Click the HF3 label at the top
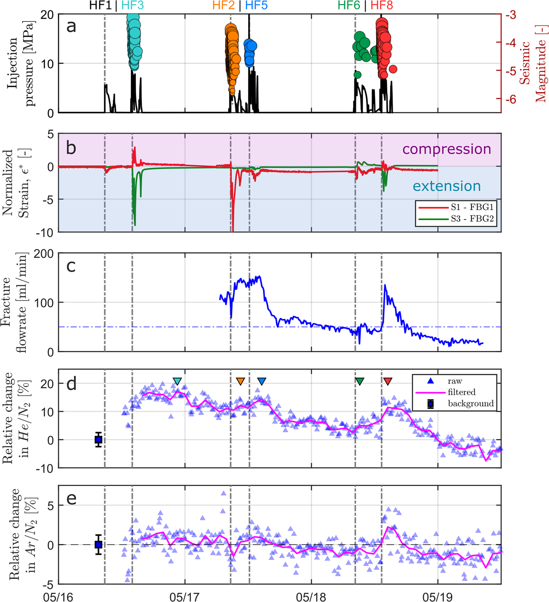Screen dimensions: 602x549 click(133, 6)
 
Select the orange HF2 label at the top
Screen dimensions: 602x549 click(223, 6)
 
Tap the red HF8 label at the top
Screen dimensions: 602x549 click(382, 6)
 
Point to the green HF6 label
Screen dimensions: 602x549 click(349, 6)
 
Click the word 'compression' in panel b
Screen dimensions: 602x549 click(446, 149)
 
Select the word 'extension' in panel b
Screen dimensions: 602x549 click(446, 186)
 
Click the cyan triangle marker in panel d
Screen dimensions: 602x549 click(177, 381)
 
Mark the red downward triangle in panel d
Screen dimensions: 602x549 click(388, 381)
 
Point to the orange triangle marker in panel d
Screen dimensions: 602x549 click(241, 381)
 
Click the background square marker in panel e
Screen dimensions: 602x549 click(98, 544)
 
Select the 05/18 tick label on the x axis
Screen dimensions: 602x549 click(311, 597)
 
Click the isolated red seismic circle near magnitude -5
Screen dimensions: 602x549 click(393, 69)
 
